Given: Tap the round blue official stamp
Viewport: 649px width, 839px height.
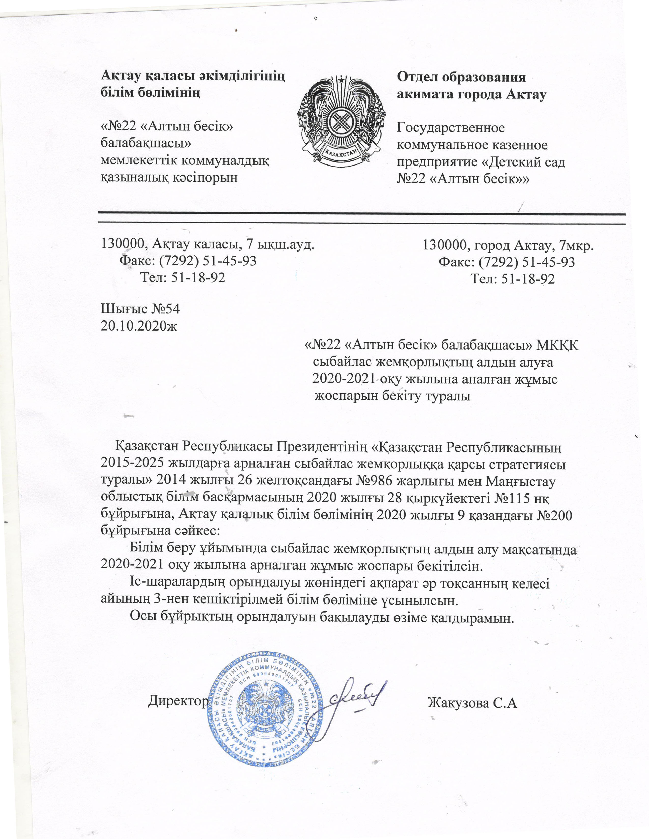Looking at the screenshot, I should click(265, 705).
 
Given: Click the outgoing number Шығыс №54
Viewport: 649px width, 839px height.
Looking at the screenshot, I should click(140, 309).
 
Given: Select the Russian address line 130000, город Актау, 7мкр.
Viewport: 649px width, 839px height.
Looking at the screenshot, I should click(508, 245).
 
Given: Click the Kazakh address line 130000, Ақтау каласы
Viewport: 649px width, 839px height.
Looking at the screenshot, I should click(208, 244).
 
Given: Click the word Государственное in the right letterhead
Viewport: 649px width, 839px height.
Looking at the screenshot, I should click(450, 128).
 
